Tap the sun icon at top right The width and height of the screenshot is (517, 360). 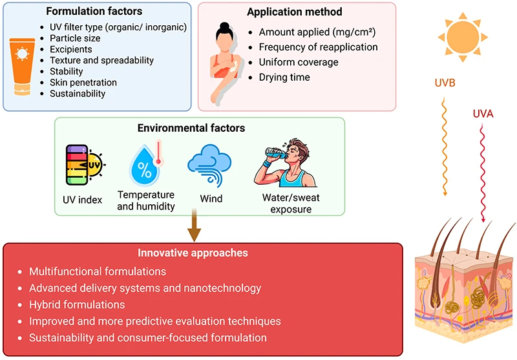point(463,37)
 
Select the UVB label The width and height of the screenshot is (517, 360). point(445,83)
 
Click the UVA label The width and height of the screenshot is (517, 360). point(483,114)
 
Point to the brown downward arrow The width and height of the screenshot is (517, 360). point(195,225)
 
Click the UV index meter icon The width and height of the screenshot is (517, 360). point(84,165)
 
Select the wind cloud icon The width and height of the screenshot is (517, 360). point(209,165)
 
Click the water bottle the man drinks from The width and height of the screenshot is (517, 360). point(276,153)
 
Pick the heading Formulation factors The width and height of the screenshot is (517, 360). point(94,11)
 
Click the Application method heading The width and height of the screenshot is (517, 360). point(295,12)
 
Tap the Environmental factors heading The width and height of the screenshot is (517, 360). point(191,128)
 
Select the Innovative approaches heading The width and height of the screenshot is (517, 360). point(193,253)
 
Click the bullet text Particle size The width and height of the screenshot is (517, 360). point(75,38)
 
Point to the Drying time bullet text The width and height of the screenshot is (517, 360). point(284,77)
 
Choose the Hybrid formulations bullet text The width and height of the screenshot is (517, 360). point(77,304)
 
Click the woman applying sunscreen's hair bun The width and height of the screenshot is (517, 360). point(224,26)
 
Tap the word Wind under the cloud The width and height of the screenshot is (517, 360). point(211,199)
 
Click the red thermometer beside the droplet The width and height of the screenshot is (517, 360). point(158,153)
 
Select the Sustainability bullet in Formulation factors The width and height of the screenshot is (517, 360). point(78,94)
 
